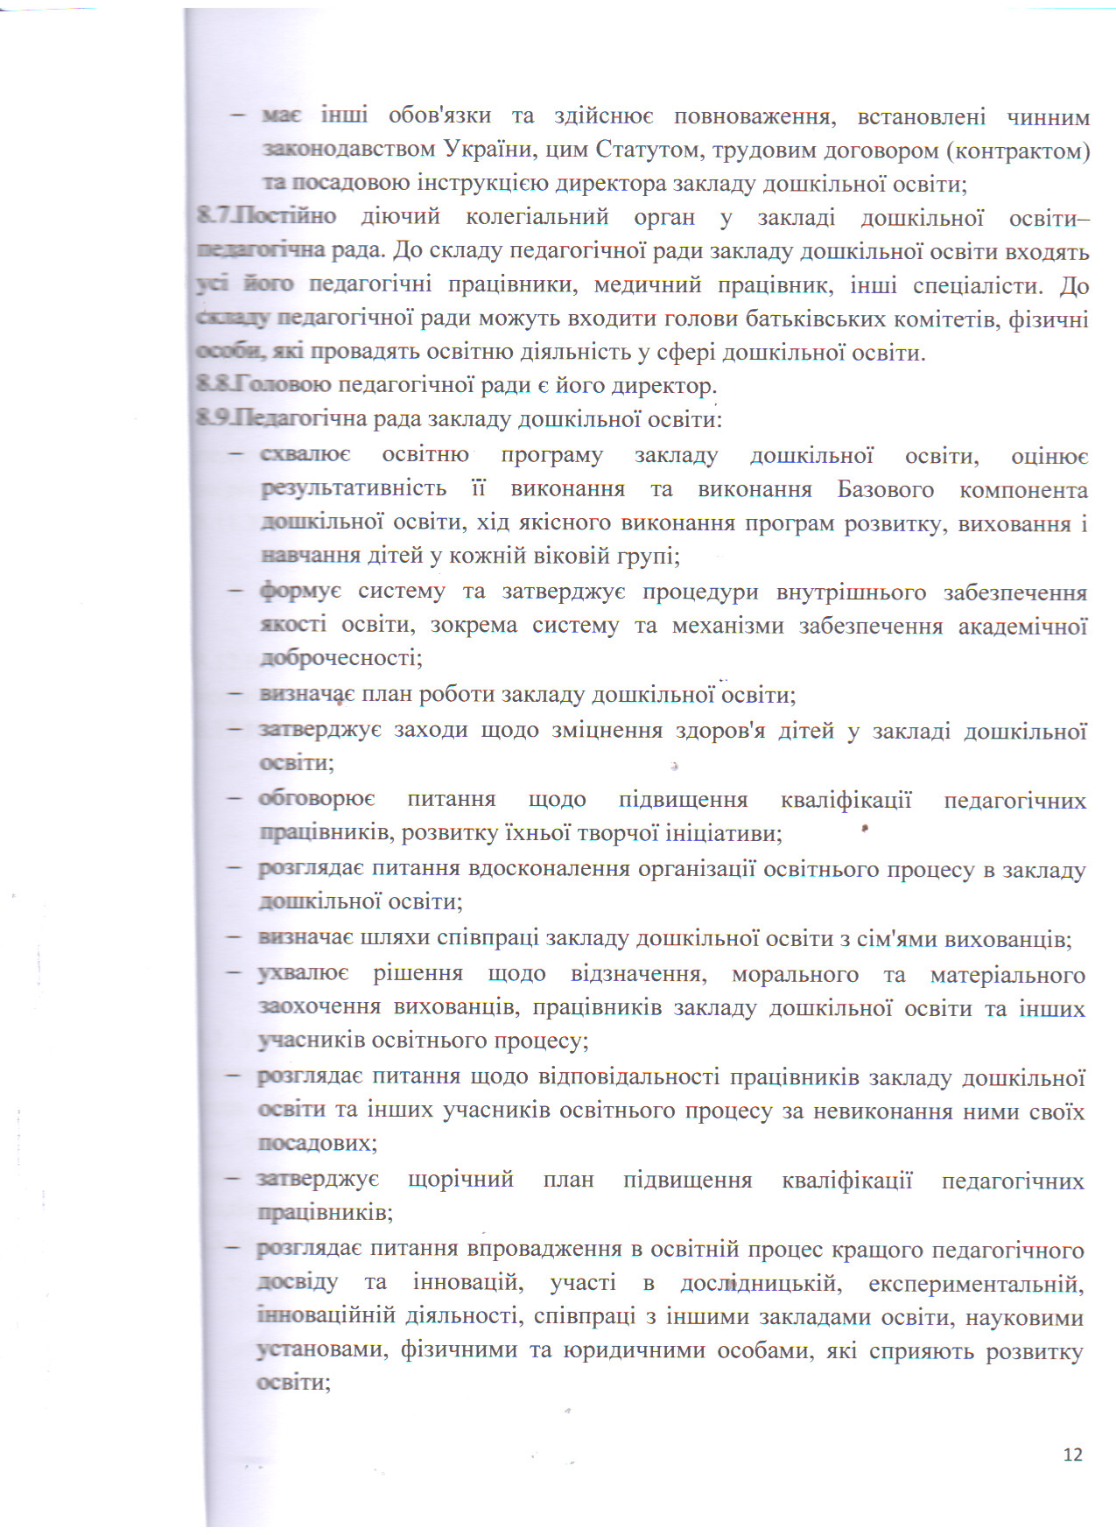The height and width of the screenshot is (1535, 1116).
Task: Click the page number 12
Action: click(1072, 1454)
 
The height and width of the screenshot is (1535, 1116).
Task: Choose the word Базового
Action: click(885, 489)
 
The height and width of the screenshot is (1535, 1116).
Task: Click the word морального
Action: click(794, 975)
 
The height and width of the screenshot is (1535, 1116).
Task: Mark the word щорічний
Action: click(460, 1180)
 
